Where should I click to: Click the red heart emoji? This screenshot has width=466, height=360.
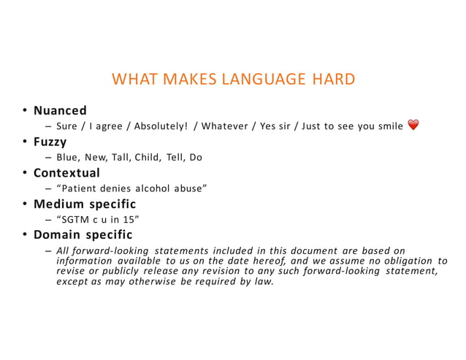point(413,126)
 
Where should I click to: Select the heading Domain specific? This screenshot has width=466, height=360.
point(82,234)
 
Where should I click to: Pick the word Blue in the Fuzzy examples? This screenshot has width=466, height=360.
point(67,157)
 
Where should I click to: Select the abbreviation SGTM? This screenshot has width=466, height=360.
point(76,219)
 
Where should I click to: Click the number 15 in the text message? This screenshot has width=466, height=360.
point(131,219)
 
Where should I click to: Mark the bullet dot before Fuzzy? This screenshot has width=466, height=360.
point(24,142)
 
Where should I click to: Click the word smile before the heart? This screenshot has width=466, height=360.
point(388,126)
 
